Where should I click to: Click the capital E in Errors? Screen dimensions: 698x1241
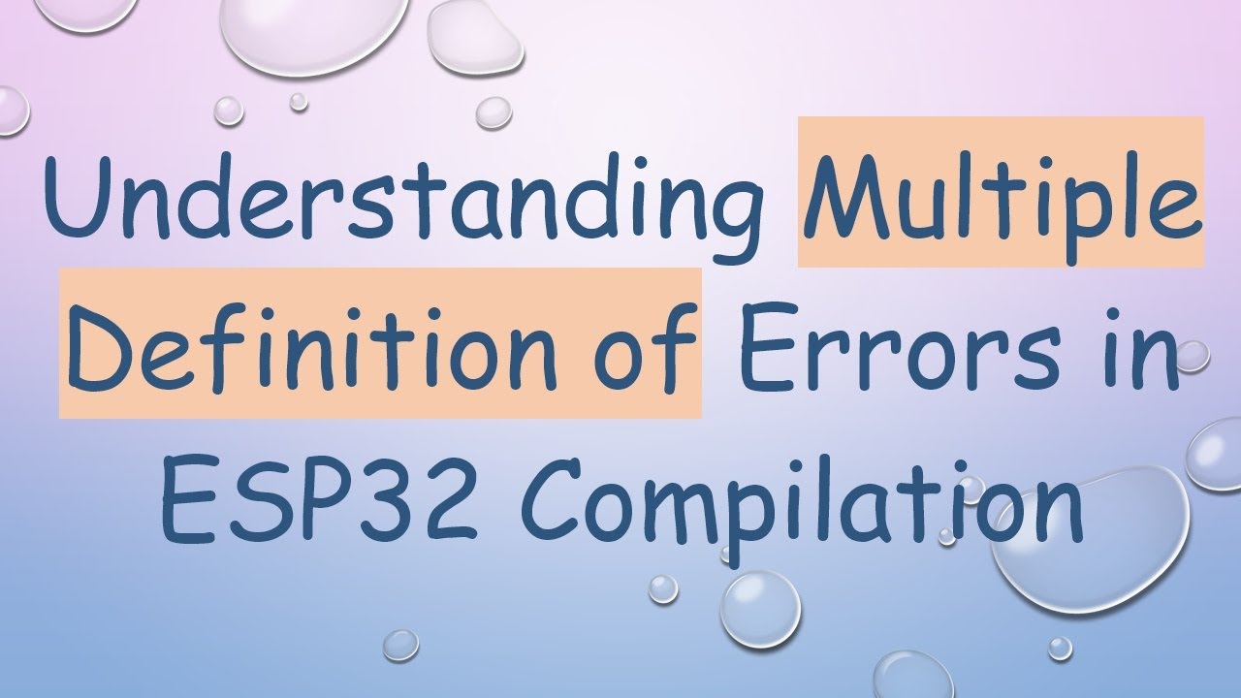click(x=760, y=344)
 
